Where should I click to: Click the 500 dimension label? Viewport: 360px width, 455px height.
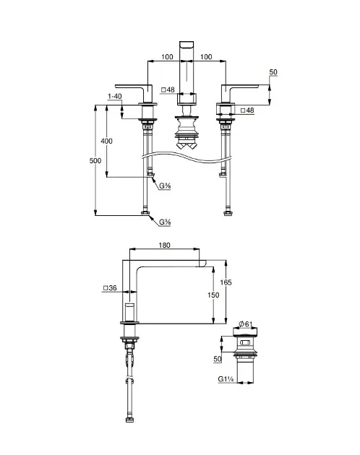click(95, 161)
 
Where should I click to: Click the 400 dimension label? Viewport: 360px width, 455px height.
click(107, 141)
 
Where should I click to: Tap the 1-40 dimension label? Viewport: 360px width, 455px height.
click(115, 96)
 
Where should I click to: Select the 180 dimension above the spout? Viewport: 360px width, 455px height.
click(164, 246)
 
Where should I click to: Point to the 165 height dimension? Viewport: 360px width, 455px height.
click(226, 282)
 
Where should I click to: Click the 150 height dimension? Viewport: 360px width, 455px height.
click(213, 295)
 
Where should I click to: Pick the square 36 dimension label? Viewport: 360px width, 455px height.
click(110, 288)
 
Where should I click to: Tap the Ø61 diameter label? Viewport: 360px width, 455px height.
click(246, 324)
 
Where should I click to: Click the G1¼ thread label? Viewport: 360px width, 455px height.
click(226, 379)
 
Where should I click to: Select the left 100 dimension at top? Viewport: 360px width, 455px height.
click(167, 56)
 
